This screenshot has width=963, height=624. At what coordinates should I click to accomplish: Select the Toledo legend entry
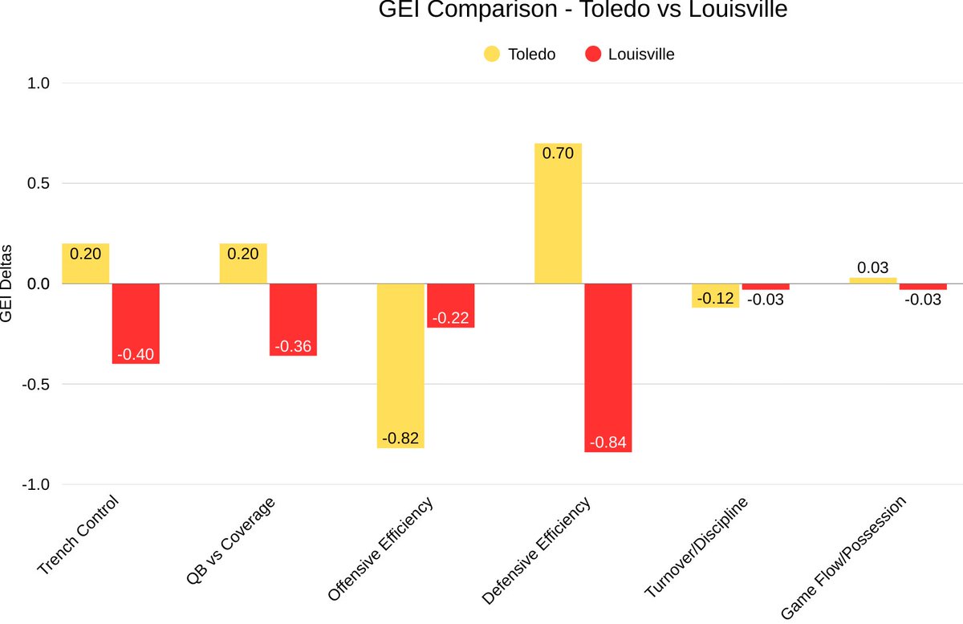(519, 55)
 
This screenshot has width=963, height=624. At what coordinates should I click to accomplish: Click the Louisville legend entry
(629, 55)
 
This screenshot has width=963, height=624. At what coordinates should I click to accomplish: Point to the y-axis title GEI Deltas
(7, 283)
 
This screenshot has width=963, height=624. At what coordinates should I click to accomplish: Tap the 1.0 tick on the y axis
(39, 84)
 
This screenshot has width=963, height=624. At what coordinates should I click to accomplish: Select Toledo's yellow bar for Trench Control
(86, 263)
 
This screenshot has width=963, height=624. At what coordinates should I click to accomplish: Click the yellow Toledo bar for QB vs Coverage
(243, 263)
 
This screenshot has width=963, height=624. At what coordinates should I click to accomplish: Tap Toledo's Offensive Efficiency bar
(400, 365)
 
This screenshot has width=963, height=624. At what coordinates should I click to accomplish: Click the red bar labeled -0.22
(450, 306)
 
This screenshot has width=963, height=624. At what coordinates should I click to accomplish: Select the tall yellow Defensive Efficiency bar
(558, 214)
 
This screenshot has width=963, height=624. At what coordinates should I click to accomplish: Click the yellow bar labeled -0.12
(715, 296)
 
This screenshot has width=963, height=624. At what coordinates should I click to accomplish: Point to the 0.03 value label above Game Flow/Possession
(872, 268)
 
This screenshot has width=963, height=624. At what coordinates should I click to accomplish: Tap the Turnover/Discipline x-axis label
(697, 547)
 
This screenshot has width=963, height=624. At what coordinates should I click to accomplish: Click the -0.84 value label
(607, 443)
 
